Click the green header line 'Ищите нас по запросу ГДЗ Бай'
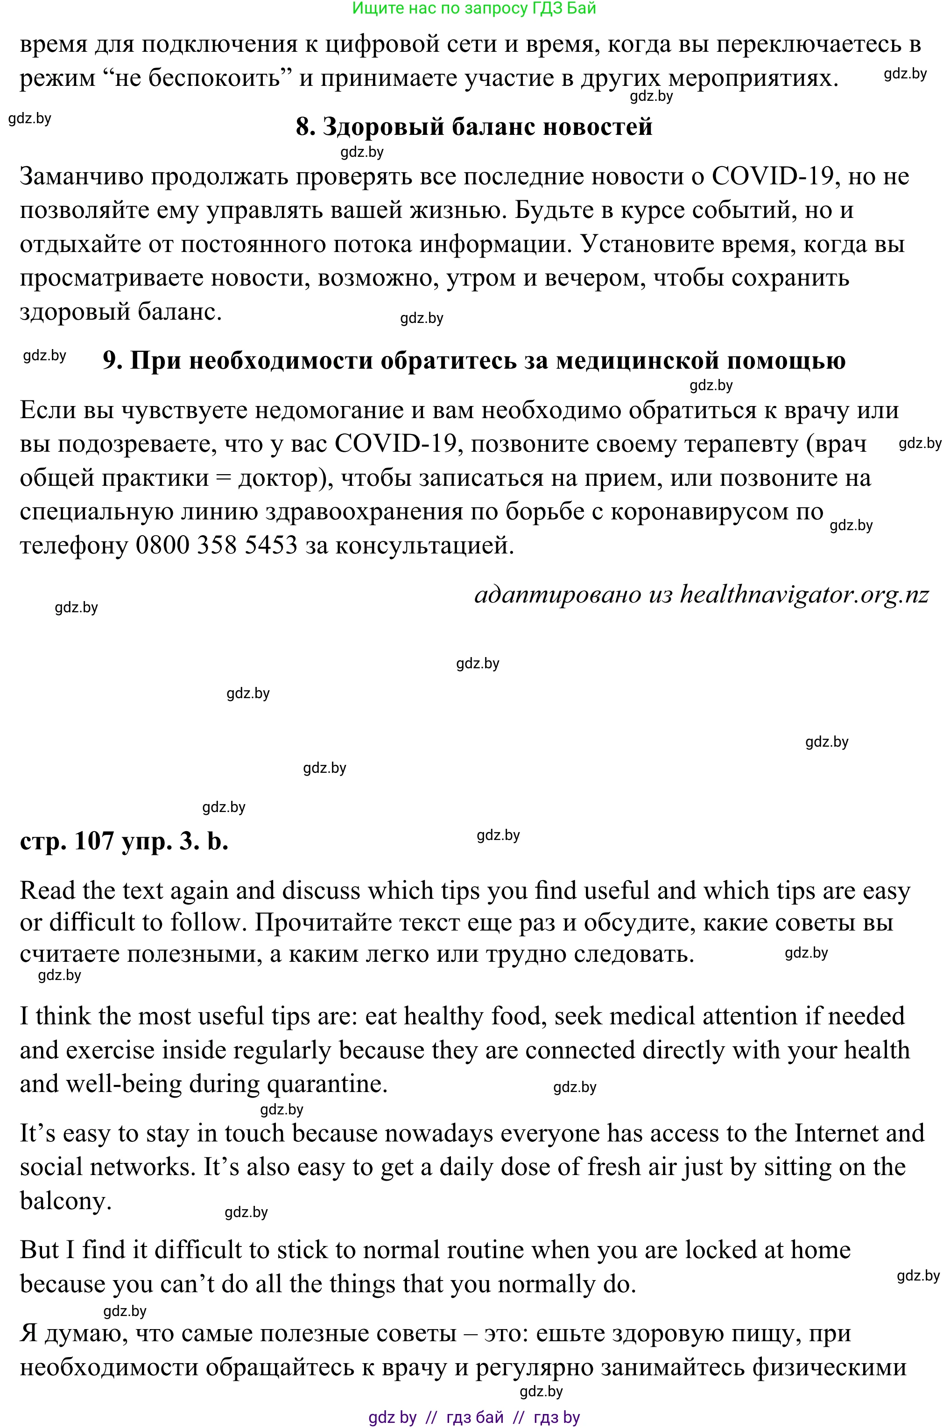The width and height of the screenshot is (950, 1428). click(x=474, y=8)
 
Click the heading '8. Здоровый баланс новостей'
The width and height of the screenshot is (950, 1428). click(x=474, y=126)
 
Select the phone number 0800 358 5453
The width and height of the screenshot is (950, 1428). click(x=216, y=545)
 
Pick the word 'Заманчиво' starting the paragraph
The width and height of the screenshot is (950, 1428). click(x=81, y=176)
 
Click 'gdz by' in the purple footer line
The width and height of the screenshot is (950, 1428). click(x=392, y=1418)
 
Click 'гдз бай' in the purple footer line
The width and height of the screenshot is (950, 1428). click(x=475, y=1418)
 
